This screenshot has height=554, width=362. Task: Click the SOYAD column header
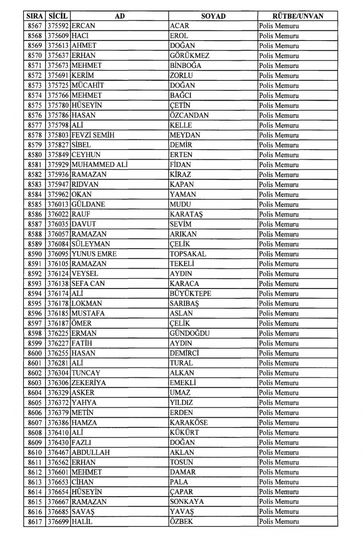(213, 16)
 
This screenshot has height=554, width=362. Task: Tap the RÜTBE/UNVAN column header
(298, 16)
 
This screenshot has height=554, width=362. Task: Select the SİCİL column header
(58, 16)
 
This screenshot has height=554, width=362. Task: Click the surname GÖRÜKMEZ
(189, 55)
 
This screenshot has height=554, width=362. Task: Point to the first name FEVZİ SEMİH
(93, 135)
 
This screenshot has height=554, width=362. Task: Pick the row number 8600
(35, 353)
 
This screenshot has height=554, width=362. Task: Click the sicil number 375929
(58, 165)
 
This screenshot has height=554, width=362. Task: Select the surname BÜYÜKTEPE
(190, 293)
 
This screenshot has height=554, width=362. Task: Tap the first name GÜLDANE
(88, 204)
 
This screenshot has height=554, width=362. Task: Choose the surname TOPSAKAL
(188, 254)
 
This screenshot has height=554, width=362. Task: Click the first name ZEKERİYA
(88, 383)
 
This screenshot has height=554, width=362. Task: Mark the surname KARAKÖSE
(189, 422)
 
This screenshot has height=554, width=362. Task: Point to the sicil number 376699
(58, 521)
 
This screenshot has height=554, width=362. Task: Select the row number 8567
(35, 26)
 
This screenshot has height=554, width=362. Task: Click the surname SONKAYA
(186, 502)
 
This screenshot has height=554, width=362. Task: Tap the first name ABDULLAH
(90, 452)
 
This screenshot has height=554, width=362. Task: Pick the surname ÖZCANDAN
(189, 115)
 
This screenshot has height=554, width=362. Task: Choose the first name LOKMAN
(87, 303)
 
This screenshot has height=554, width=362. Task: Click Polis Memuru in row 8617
(279, 521)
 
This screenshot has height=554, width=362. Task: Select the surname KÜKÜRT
(184, 432)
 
